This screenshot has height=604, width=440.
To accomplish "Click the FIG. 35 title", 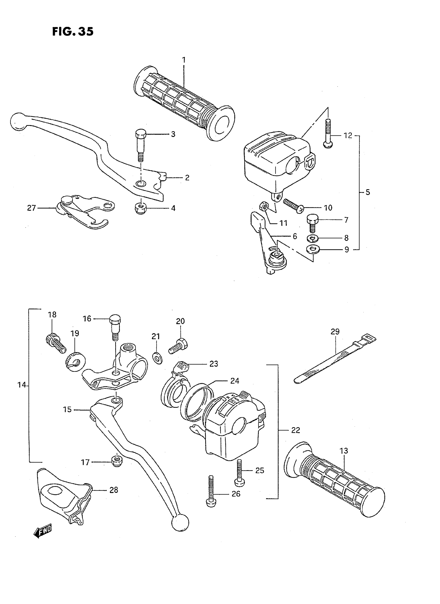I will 73,32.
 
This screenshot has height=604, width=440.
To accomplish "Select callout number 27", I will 31,208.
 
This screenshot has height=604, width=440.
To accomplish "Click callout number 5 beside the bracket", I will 368,192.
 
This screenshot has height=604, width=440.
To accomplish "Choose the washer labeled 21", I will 157,357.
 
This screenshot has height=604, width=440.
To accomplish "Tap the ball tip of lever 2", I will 18,122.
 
